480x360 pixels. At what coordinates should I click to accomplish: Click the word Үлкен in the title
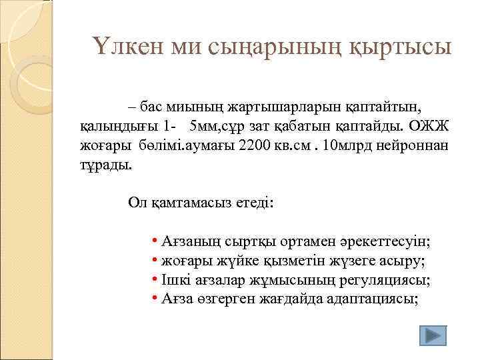(123, 47)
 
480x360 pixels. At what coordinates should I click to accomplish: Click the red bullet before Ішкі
(154, 279)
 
